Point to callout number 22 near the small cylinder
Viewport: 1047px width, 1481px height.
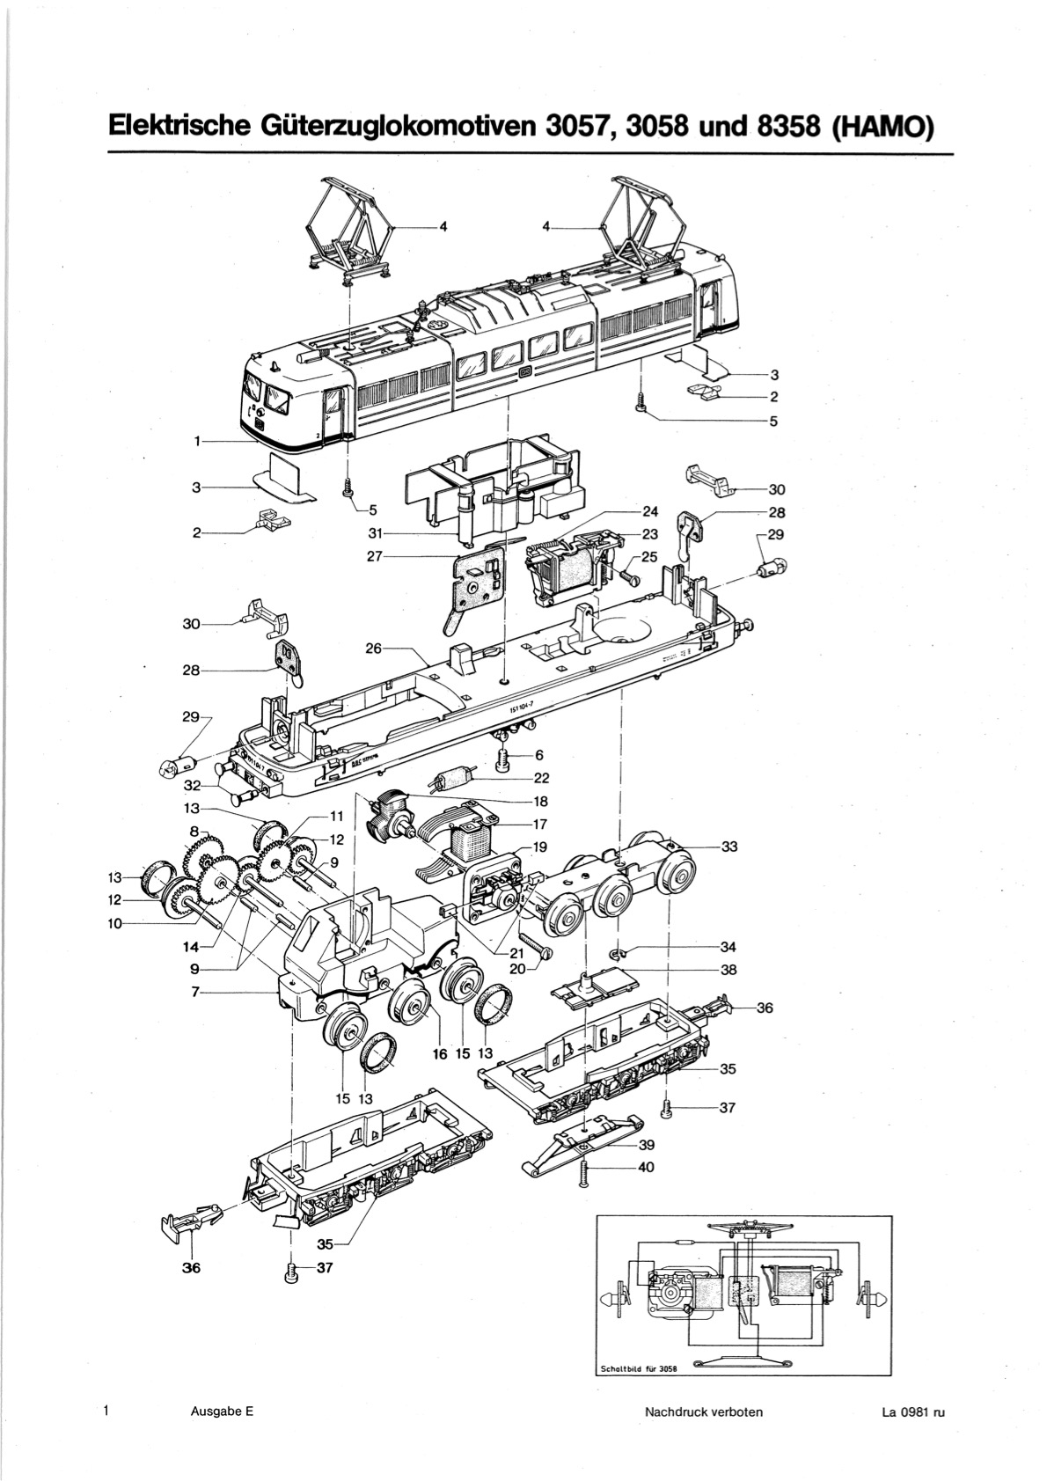[x=541, y=778]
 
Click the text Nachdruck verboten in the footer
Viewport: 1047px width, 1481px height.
[x=703, y=1412]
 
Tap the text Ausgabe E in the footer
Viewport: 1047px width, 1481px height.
[x=222, y=1412]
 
